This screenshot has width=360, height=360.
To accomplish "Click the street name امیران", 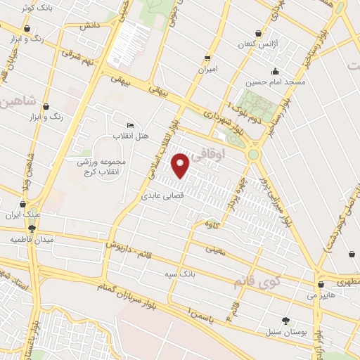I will [x=207, y=70].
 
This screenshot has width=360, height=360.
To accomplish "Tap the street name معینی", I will [x=216, y=249].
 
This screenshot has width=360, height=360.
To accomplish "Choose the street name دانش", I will [x=89, y=26].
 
